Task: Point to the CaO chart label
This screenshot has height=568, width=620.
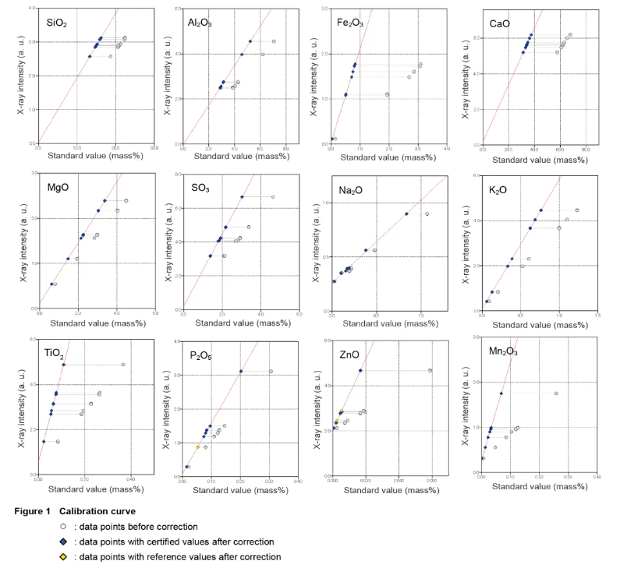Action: point(500,23)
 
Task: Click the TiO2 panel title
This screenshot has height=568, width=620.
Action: point(55,353)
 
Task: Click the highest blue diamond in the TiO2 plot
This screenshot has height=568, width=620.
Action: point(64,365)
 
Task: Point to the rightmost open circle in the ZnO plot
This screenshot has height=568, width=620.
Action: point(430,371)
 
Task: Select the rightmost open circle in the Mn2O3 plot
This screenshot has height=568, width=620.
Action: point(556,393)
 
